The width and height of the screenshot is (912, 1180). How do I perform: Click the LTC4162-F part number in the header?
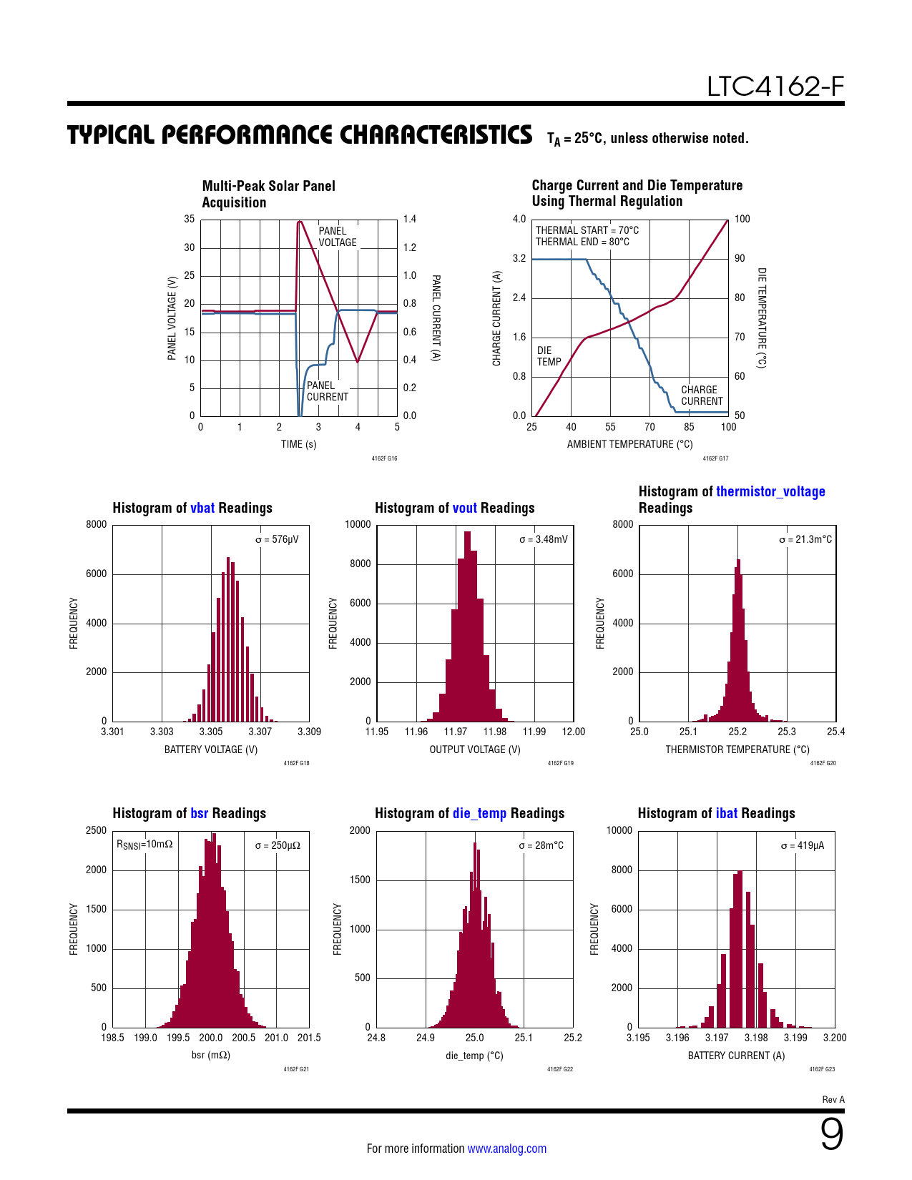click(x=775, y=87)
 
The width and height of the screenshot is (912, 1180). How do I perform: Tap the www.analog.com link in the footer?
click(x=506, y=1149)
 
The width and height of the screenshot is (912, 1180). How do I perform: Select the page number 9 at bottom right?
click(x=831, y=1134)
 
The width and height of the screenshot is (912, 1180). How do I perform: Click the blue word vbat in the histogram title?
click(x=202, y=508)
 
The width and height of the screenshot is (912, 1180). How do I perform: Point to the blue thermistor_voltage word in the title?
click(x=770, y=491)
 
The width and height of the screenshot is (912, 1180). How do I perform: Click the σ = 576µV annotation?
click(x=277, y=539)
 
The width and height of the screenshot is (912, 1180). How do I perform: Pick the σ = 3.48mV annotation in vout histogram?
click(x=543, y=539)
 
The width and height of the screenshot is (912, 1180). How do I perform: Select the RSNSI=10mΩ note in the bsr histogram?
click(x=144, y=845)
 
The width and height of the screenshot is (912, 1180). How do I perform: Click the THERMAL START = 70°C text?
click(x=587, y=230)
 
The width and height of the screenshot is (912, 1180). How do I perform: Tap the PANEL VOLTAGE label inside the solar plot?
click(x=337, y=237)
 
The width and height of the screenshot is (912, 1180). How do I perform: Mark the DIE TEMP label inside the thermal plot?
click(x=549, y=356)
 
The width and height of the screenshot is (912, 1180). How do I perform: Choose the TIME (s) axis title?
click(x=298, y=444)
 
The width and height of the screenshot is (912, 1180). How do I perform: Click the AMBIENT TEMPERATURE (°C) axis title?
click(x=629, y=444)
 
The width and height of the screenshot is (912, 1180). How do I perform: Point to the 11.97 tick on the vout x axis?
click(x=456, y=732)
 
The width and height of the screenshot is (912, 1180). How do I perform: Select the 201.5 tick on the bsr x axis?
click(x=309, y=1038)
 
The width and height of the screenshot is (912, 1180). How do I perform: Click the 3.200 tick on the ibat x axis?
click(x=835, y=1038)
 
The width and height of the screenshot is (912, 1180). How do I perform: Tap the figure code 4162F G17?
click(x=715, y=458)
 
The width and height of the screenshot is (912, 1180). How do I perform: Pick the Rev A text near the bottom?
click(x=833, y=1100)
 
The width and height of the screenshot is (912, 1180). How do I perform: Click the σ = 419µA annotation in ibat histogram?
click(x=802, y=845)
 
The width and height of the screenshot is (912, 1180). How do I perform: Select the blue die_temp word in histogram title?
click(x=479, y=813)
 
